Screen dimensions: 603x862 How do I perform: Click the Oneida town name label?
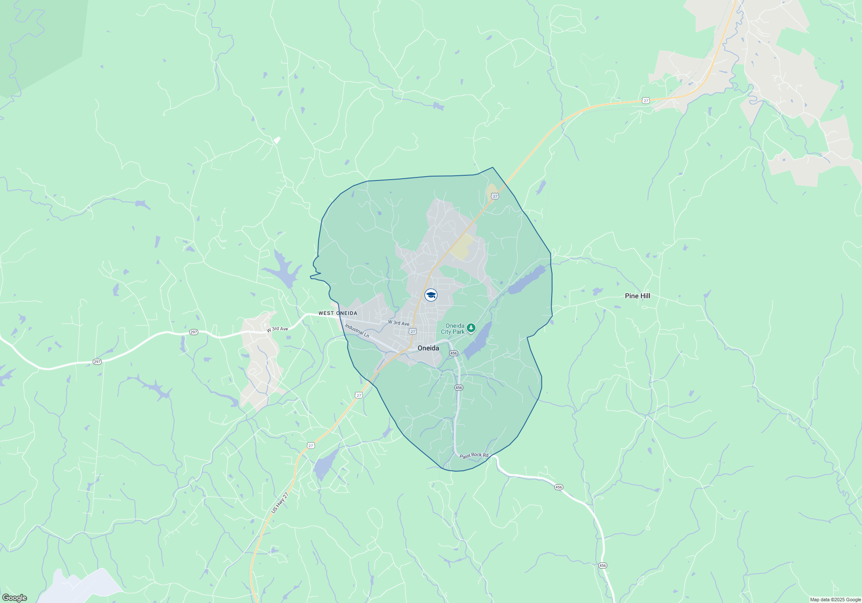click(x=428, y=348)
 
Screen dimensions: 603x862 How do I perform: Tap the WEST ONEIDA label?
click(x=338, y=313)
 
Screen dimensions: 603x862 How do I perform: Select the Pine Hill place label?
click(x=637, y=296)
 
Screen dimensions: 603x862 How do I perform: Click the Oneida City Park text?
click(x=453, y=329)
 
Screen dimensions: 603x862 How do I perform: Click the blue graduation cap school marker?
click(x=431, y=295)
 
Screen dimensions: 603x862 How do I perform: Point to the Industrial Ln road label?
click(x=357, y=331)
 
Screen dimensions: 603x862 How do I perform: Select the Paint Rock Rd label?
click(x=474, y=455)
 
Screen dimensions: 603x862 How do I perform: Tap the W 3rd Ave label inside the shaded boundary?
click(x=399, y=323)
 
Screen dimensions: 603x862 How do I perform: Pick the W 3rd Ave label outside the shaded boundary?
click(x=277, y=329)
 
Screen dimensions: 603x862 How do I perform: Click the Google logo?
click(x=15, y=598)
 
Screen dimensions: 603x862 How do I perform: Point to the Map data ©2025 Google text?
click(x=835, y=600)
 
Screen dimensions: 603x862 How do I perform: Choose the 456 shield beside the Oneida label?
click(x=453, y=353)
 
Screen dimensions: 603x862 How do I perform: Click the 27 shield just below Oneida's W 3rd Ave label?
click(x=413, y=331)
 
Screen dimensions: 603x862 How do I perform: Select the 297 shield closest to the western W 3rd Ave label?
click(x=194, y=332)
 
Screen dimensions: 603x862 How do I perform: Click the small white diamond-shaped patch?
click(x=277, y=140)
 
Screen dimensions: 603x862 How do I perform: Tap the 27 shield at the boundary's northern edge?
click(x=495, y=196)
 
